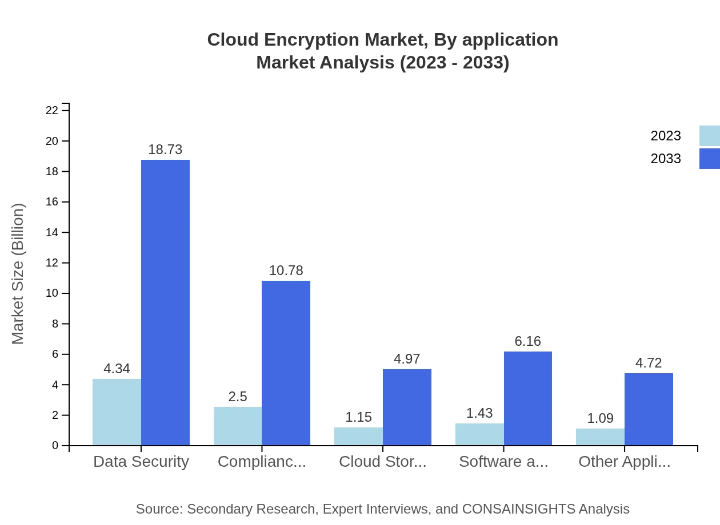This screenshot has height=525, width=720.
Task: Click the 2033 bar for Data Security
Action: click(x=165, y=302)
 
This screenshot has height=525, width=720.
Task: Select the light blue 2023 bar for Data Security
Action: click(x=117, y=412)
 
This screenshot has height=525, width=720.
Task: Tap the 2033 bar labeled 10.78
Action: click(x=286, y=363)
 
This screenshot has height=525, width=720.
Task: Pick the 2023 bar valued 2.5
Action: click(x=238, y=426)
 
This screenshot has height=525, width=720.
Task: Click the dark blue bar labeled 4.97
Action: click(x=407, y=407)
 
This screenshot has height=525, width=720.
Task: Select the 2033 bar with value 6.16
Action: click(x=528, y=398)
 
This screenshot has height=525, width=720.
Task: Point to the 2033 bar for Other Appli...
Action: click(x=649, y=409)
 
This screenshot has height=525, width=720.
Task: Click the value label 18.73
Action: click(x=165, y=150)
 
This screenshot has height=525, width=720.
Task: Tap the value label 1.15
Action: click(x=358, y=417)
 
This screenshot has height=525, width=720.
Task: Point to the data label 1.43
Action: click(x=479, y=413)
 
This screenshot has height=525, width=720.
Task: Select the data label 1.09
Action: click(x=600, y=418)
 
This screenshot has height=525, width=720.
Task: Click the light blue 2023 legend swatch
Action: click(x=709, y=136)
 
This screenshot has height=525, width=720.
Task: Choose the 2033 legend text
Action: click(x=666, y=159)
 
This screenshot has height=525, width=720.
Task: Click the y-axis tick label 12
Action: click(x=52, y=263)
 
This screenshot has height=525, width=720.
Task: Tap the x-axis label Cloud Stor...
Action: click(x=383, y=462)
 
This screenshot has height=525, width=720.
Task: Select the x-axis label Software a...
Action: click(x=503, y=462)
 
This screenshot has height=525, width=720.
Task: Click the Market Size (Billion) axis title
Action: click(x=18, y=274)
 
